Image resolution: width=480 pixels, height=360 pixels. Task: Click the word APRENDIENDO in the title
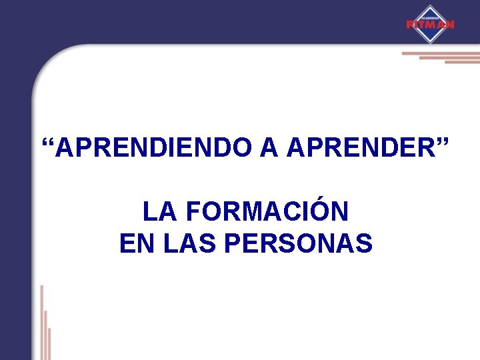click(155, 148)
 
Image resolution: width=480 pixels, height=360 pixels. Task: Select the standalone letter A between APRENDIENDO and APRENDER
click(269, 148)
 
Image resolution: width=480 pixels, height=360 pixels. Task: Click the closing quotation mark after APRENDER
click(443, 143)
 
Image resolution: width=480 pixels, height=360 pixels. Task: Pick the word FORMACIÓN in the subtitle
click(267, 213)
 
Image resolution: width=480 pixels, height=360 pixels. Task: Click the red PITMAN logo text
click(430, 25)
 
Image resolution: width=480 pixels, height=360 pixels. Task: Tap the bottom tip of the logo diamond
click(430, 43)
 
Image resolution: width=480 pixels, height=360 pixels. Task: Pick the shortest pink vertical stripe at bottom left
click(49, 343)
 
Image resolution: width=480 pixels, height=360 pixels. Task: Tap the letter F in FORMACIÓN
click(193, 213)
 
